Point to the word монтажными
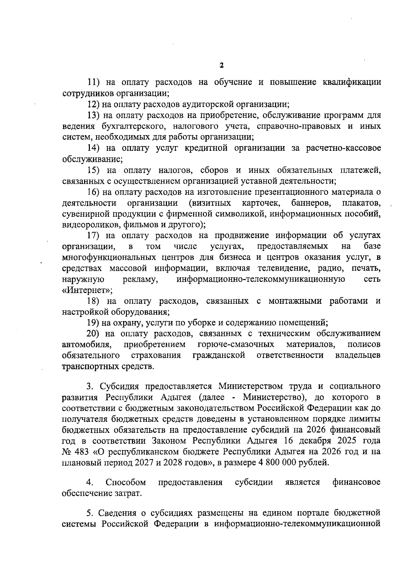(x=294, y=301)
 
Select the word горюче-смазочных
(x=236, y=345)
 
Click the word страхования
(x=156, y=356)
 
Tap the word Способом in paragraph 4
(x=126, y=482)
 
